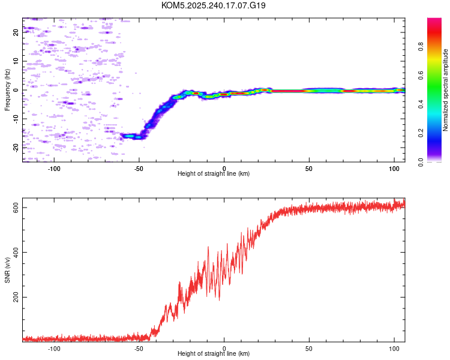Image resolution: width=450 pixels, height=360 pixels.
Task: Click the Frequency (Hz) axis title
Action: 7,90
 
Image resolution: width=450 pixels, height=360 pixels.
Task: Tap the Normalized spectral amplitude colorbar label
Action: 446,90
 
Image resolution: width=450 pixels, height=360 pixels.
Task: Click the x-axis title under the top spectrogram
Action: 214,173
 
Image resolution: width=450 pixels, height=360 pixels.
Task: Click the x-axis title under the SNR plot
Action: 214,353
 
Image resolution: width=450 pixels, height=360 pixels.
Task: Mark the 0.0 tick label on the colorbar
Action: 437,161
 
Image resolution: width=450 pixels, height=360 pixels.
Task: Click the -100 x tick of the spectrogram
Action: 55,167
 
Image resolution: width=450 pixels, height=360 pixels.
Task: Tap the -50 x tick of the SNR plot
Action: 139,347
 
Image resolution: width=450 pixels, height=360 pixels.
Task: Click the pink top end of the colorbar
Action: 434,21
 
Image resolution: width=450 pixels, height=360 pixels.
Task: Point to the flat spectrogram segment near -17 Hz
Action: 132,136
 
